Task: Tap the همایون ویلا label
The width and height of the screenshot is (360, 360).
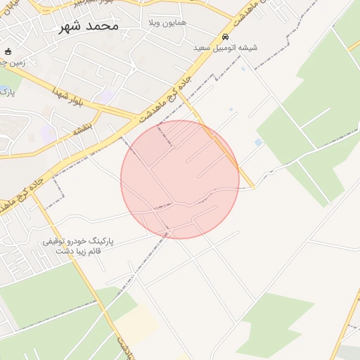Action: coord(166,23)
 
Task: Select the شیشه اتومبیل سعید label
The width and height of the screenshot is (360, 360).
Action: coord(225,48)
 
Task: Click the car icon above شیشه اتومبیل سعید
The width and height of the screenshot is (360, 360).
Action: coord(225,37)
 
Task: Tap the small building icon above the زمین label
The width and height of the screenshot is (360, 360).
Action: coord(8,51)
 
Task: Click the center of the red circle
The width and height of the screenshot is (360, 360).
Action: coord(180,179)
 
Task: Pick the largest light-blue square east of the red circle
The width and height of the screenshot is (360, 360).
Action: coord(259,143)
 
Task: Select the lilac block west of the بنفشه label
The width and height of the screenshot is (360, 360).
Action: coord(48,132)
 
